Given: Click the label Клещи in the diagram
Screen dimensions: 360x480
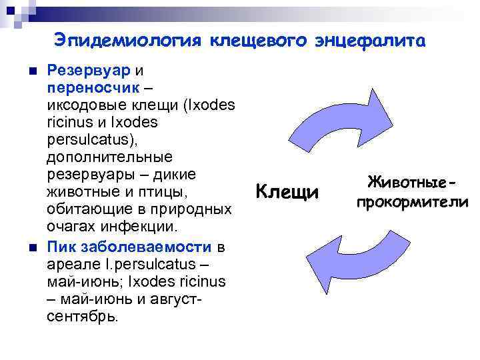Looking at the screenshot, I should coord(288,193).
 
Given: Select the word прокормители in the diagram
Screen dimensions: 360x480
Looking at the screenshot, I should coord(412,201).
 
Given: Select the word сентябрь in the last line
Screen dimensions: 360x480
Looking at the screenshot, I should coord(82,316).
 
